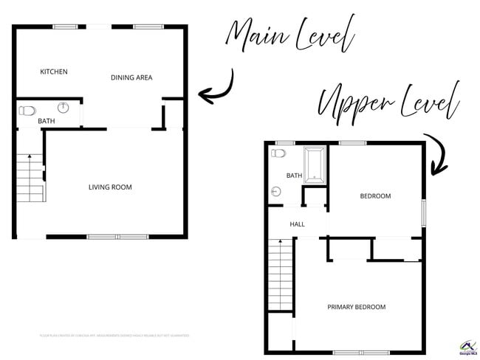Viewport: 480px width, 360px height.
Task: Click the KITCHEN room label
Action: click(x=54, y=72)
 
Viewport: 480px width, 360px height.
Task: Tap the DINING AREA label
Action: click(x=131, y=77)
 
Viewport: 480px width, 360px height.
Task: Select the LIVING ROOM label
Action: click(x=110, y=187)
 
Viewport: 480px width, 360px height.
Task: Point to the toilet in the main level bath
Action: click(x=27, y=111)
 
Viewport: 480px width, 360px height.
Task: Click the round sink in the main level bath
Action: click(x=64, y=108)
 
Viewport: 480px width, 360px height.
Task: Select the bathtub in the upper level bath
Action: click(x=315, y=165)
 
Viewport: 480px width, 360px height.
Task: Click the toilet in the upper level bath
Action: click(x=278, y=153)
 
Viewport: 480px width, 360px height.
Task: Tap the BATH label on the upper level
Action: click(x=294, y=176)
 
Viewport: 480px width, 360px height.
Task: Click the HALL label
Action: click(x=297, y=224)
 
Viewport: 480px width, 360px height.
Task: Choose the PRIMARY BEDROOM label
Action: click(x=357, y=307)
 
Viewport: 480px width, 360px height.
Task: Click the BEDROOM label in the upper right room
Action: click(x=375, y=196)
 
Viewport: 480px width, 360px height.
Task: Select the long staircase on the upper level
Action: click(x=281, y=275)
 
